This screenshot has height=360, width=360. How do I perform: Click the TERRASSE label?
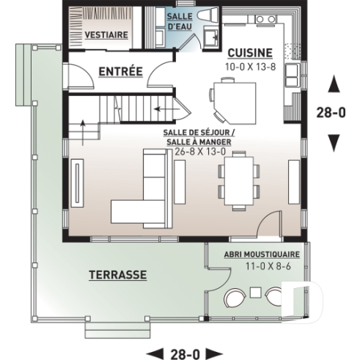tap(117, 275)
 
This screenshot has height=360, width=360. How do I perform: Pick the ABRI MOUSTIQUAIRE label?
tap(257, 254)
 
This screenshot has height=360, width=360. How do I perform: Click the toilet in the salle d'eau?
tap(201, 17)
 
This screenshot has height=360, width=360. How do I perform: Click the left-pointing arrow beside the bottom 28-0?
tap(152, 353)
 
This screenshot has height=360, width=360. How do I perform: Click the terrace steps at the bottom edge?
tap(111, 331)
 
